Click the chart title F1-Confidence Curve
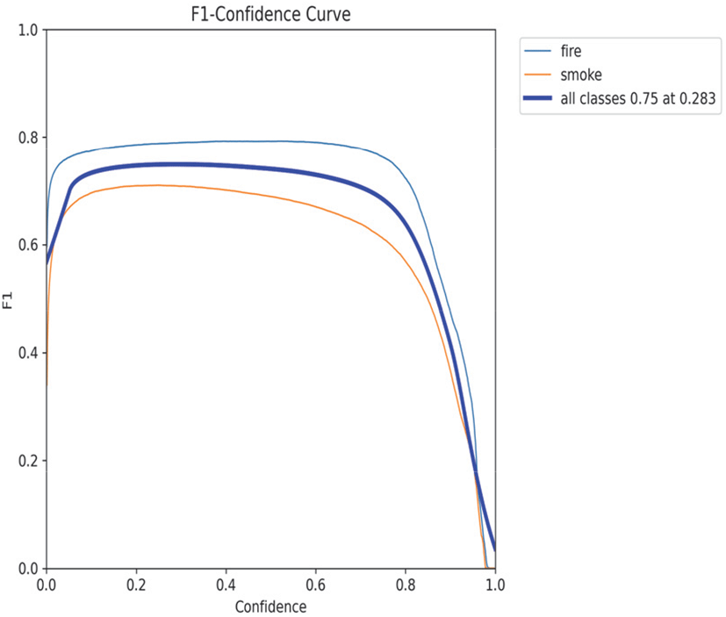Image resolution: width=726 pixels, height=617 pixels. (270, 13)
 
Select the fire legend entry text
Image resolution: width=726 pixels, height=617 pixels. (571, 51)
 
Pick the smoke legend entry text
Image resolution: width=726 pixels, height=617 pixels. (581, 75)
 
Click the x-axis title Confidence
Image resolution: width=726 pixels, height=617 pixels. (270, 606)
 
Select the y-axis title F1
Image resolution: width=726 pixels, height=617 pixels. (8, 300)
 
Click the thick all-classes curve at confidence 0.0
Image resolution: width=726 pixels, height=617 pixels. (47, 260)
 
